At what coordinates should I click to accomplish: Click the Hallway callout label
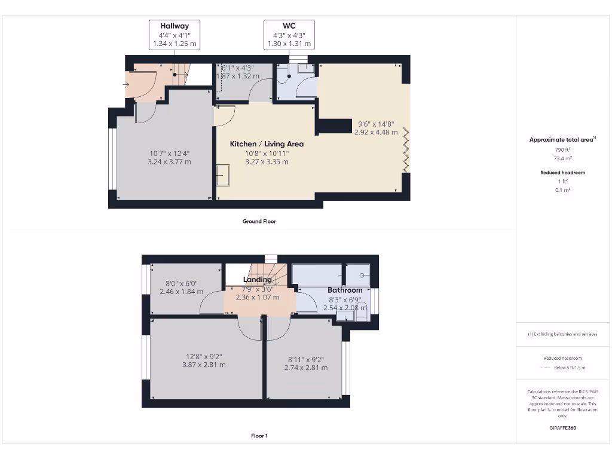[175, 26]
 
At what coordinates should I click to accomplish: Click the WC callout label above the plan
[289, 26]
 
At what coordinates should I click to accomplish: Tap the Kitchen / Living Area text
[267, 144]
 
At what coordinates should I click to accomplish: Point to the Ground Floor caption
[259, 221]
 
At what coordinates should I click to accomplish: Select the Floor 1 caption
[259, 436]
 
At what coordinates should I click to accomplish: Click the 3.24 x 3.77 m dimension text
[169, 161]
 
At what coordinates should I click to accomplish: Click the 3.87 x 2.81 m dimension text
[204, 365]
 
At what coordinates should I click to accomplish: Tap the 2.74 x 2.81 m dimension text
[306, 368]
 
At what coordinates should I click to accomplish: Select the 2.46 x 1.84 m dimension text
[181, 292]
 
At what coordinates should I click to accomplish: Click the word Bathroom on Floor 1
[345, 290]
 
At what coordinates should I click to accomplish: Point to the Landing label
[258, 280]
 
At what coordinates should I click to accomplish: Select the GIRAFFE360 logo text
[562, 428]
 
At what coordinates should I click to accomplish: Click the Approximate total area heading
[561, 140]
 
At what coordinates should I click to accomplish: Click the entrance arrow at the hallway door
[127, 85]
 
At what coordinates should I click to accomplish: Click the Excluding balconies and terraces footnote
[562, 334]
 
